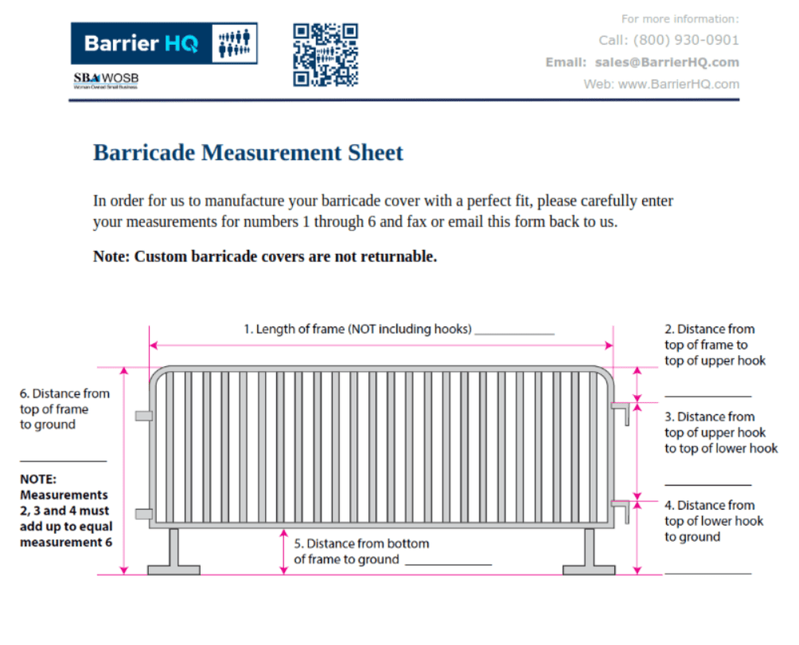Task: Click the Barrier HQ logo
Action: tap(163, 43)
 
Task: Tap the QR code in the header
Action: tap(325, 54)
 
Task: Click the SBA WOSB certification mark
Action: tap(106, 80)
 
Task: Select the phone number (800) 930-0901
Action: tap(686, 40)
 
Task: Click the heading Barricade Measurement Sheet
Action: tap(248, 152)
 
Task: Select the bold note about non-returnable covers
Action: tap(265, 256)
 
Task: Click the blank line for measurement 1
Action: tap(514, 332)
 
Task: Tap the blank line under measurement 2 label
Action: tap(708, 395)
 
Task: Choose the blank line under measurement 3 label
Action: tap(708, 484)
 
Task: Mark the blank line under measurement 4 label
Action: tap(708, 572)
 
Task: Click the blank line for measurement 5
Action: tap(448, 563)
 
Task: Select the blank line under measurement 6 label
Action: tap(63, 461)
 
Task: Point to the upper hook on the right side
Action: tap(622, 412)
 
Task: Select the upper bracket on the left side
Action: tap(144, 415)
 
